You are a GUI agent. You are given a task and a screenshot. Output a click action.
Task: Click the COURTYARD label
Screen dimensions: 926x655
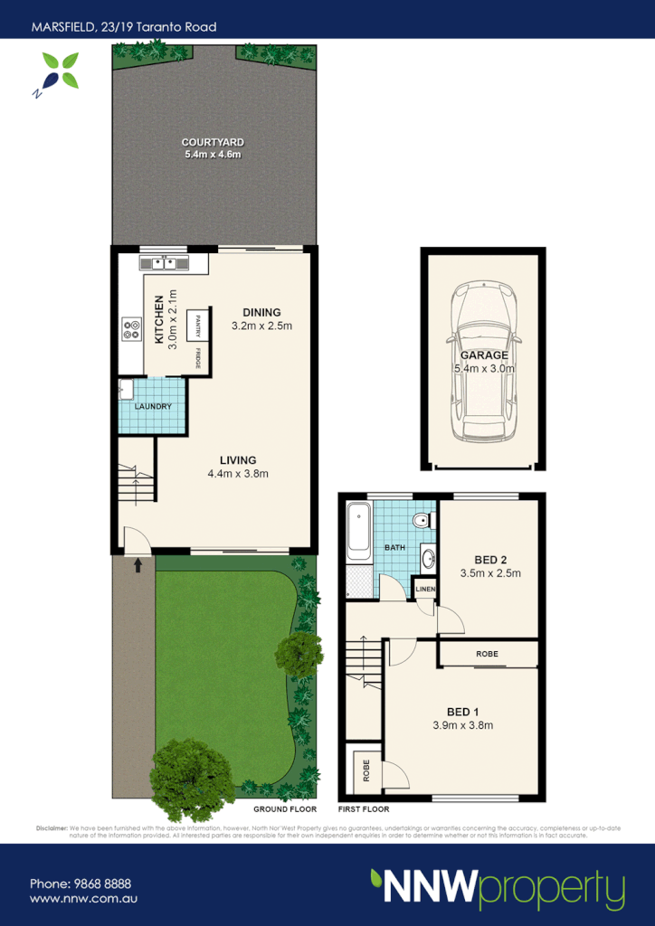tap(213, 143)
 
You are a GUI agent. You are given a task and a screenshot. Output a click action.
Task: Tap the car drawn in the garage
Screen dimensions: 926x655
tap(483, 362)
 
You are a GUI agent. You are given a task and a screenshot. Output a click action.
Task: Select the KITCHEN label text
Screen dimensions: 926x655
tap(159, 319)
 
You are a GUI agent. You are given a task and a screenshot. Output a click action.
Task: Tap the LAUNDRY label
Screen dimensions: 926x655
tap(153, 407)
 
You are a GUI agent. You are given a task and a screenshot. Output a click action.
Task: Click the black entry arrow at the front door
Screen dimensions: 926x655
tap(138, 566)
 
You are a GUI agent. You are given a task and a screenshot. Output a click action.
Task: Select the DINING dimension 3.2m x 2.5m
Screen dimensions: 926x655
tap(261, 326)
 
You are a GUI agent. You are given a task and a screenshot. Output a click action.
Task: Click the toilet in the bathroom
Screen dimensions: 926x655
tap(420, 522)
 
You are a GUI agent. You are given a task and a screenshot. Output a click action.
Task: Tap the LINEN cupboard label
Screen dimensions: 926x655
tap(425, 591)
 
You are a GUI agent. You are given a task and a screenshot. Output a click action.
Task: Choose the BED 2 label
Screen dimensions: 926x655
tap(490, 559)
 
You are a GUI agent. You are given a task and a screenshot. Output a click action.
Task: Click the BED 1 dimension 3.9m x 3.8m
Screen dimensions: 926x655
tap(462, 724)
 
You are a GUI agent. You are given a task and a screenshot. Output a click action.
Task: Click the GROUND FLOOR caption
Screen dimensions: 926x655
tap(285, 809)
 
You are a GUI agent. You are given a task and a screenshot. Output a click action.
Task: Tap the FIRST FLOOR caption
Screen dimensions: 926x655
tap(363, 809)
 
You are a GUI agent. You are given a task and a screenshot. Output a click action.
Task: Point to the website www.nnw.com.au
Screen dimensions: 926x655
tap(83, 899)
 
